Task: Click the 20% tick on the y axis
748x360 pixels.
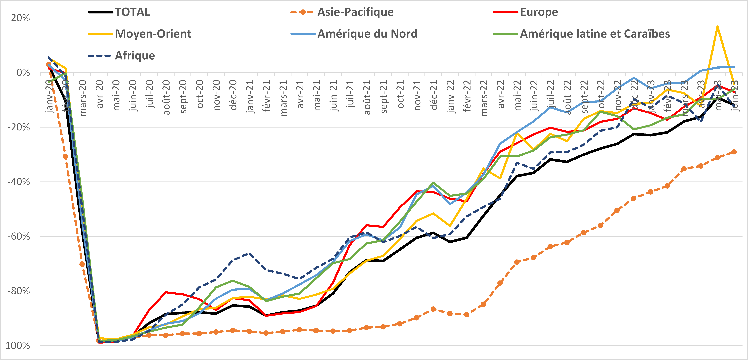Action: pyautogui.click(x=20, y=18)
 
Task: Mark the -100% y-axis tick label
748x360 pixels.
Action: pyautogui.click(x=16, y=346)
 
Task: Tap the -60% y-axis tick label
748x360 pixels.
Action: pyautogui.click(x=18, y=236)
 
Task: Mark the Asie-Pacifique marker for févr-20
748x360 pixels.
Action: pyautogui.click(x=65, y=156)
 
